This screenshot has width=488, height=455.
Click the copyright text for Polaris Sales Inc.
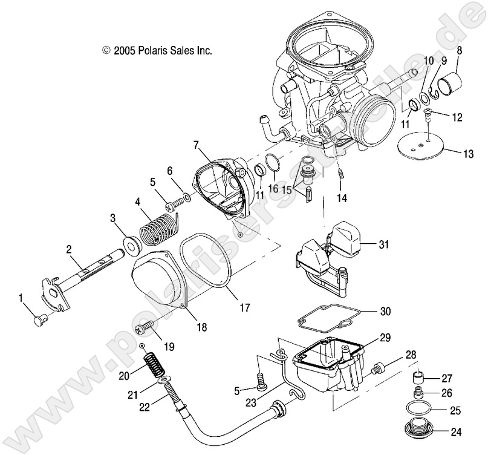pyautogui.click(x=158, y=51)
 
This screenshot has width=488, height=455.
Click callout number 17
pyautogui.click(x=244, y=307)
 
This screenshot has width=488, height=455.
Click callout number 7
pyautogui.click(x=195, y=145)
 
